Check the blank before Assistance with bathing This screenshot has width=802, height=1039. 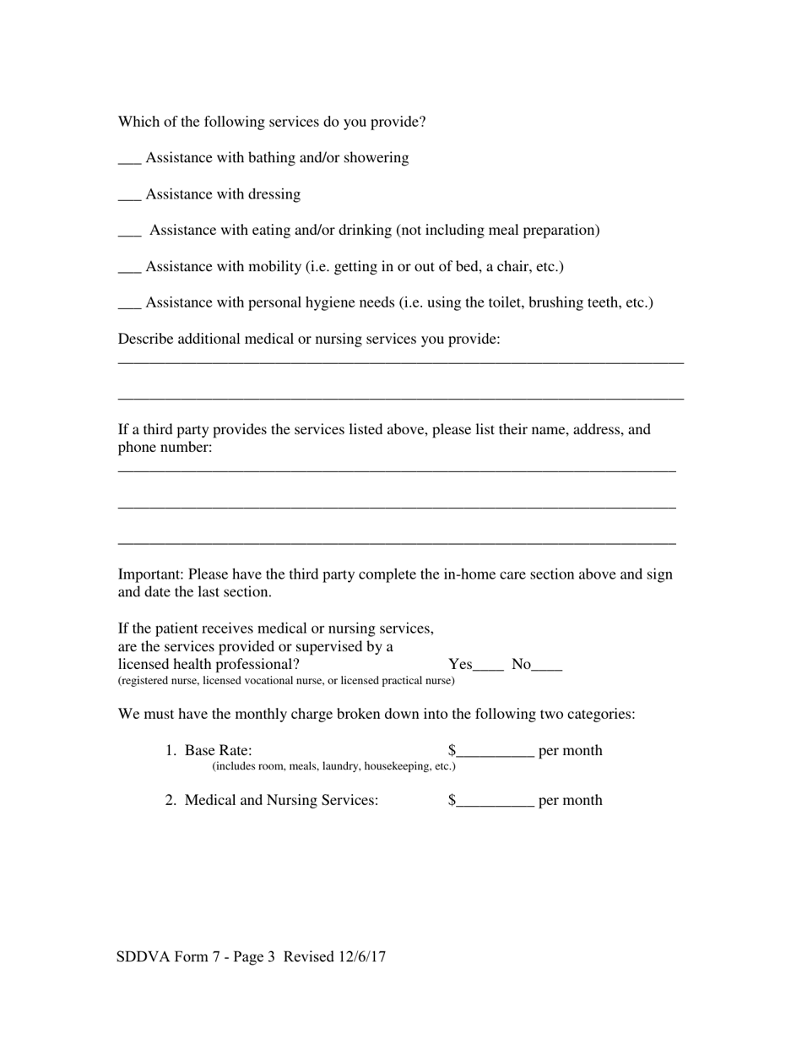(129, 160)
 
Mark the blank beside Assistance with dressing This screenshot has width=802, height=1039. (129, 196)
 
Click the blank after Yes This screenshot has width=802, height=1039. (488, 666)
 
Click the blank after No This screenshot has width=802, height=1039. (547, 666)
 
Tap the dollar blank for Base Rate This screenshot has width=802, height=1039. (495, 752)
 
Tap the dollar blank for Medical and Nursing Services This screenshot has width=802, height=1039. (495, 802)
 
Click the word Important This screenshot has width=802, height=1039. (150, 574)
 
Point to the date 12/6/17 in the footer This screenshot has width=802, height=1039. (361, 957)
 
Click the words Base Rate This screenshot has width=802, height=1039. (218, 750)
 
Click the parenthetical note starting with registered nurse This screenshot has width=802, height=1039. (286, 681)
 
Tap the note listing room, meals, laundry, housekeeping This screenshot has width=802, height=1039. (333, 766)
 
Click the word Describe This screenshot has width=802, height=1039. (146, 339)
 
